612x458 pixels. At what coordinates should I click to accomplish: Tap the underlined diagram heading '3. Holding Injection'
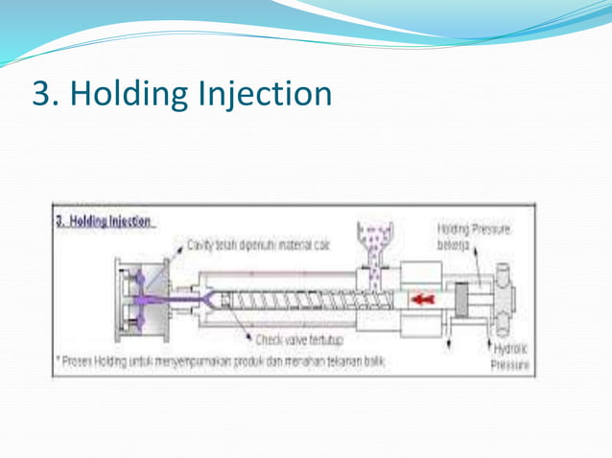(x=103, y=219)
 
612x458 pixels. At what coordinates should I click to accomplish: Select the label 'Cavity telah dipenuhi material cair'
(x=258, y=245)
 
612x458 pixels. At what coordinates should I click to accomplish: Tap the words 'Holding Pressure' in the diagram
(x=473, y=230)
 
